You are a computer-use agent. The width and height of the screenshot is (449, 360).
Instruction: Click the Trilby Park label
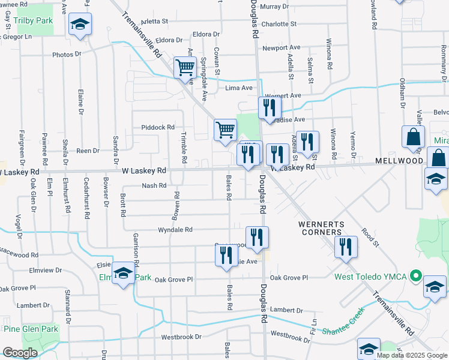34,20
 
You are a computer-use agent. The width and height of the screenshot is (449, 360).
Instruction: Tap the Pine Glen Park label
29,329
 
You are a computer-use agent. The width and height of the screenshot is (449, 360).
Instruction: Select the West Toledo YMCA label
371,277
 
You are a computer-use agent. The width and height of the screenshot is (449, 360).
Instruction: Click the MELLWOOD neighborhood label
399,161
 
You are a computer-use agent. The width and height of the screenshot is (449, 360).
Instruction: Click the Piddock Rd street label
157,127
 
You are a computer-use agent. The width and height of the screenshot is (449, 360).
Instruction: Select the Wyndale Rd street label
175,230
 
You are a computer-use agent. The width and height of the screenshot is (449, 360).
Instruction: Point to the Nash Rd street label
154,186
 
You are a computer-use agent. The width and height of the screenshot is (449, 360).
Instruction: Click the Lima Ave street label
239,88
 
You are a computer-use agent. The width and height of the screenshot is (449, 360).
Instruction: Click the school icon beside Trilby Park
80,25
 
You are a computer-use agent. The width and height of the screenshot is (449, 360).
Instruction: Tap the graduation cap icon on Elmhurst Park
123,274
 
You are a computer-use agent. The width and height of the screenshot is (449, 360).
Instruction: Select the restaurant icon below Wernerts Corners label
345,247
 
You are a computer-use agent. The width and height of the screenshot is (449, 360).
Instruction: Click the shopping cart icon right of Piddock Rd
225,130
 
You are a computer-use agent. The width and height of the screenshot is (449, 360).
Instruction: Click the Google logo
20,353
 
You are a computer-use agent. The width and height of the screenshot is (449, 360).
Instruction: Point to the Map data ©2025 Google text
411,355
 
